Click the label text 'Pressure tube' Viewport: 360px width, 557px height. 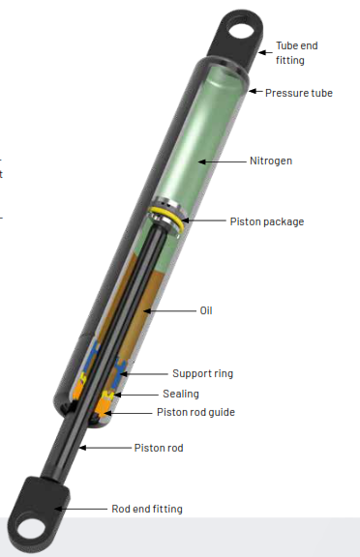[299, 93]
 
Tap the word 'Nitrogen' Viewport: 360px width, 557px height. [271, 161]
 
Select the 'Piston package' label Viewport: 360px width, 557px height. [267, 221]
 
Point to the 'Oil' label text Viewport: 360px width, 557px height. [206, 310]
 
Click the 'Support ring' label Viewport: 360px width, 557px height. [203, 373]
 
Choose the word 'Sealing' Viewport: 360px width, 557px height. [181, 394]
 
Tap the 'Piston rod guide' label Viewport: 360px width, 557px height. [195, 412]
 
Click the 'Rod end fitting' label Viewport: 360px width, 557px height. [147, 509]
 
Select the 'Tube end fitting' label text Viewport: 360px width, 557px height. [297, 53]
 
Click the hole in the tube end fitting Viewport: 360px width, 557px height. [242, 28]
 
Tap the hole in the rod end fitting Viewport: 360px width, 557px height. [33, 531]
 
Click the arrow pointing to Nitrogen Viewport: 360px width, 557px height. [223, 161]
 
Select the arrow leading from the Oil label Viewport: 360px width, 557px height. [170, 310]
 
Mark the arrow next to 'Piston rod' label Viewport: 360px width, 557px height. [105, 448]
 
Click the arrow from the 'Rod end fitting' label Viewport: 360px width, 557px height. [81, 509]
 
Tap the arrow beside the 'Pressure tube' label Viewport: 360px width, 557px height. [255, 92]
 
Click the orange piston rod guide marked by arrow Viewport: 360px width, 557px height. [103, 408]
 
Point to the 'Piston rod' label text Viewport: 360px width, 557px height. [159, 448]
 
